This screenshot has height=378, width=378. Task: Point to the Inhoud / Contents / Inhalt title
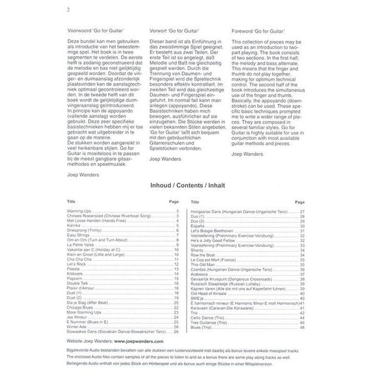(x=188, y=186)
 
